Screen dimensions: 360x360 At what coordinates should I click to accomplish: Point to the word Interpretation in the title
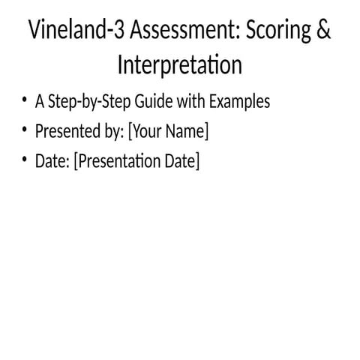[x=180, y=65]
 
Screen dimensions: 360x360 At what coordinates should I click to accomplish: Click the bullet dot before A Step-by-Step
[x=25, y=100]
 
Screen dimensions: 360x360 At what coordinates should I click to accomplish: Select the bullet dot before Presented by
[x=25, y=130]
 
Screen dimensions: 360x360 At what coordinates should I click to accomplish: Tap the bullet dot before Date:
[x=25, y=160]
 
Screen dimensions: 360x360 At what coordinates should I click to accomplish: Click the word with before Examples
[x=187, y=101]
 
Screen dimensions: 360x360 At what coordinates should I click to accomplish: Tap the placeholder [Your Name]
[x=168, y=132]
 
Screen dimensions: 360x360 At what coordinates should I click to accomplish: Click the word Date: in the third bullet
[x=52, y=161]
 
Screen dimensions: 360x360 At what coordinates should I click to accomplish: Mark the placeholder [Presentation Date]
[x=136, y=161]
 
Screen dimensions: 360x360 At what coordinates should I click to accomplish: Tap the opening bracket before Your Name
[x=130, y=132]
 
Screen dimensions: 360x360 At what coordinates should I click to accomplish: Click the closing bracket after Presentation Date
[x=198, y=162]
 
